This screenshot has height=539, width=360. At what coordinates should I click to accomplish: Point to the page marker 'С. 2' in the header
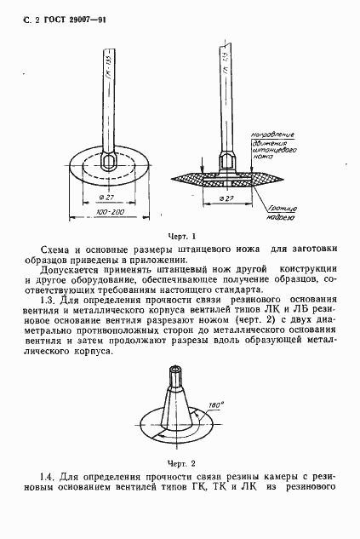20,19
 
